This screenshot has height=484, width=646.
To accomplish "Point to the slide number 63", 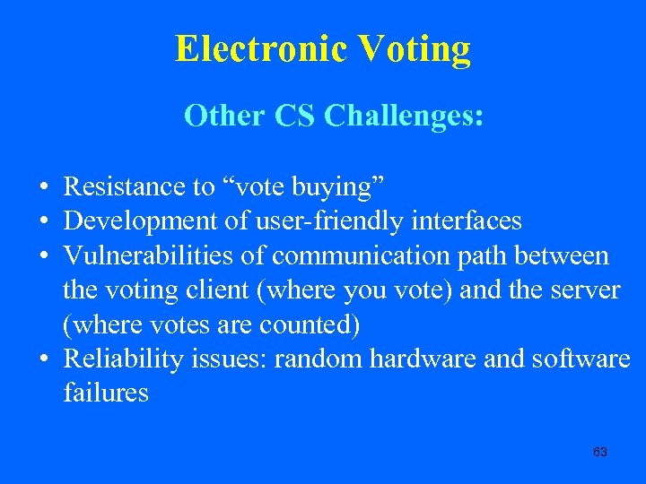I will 600,452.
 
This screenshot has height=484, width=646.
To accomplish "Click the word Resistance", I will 127,186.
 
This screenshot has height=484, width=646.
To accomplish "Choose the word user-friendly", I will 300,220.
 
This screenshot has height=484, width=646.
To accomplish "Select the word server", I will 586,290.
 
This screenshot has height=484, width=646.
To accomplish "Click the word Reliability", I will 124,359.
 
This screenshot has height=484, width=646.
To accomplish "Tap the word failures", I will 106,393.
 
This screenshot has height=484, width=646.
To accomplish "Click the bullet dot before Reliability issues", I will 43,359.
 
